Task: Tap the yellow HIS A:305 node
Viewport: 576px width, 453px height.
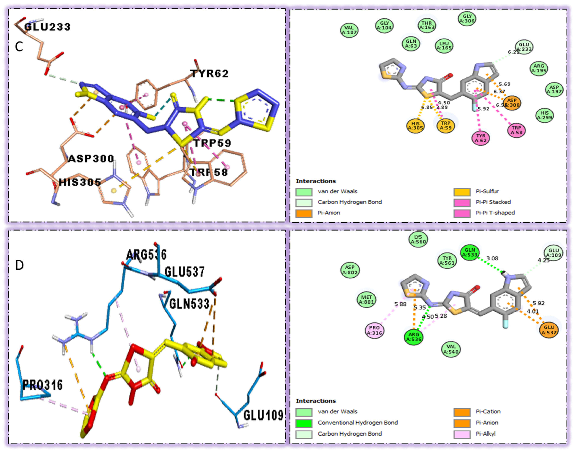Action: [415, 126]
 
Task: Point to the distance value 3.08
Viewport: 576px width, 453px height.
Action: [492, 258]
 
